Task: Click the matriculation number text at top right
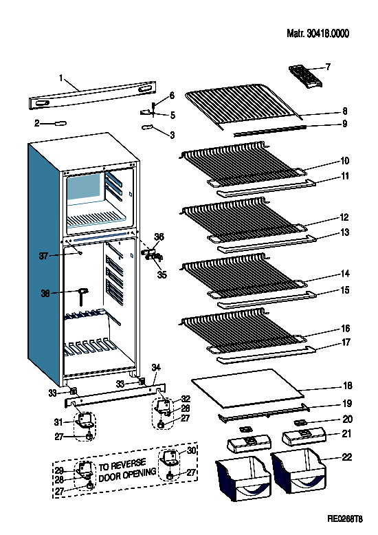click(x=318, y=34)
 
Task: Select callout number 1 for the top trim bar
click(x=61, y=78)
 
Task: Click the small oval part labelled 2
click(x=60, y=123)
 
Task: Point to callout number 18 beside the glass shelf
click(x=347, y=386)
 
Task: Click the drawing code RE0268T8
click(x=345, y=519)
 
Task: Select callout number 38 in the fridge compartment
click(x=45, y=293)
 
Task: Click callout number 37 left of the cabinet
click(x=43, y=256)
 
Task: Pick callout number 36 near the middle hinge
click(x=159, y=237)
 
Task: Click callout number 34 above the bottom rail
click(x=156, y=367)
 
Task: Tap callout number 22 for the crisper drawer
click(x=346, y=457)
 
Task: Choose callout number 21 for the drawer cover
click(x=346, y=434)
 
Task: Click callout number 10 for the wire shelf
click(x=344, y=161)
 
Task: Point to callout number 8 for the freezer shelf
click(x=345, y=111)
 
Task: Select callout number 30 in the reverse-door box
click(x=191, y=450)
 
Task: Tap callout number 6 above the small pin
click(x=172, y=95)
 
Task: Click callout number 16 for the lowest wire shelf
click(x=346, y=328)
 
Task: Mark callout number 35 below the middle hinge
click(x=162, y=274)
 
